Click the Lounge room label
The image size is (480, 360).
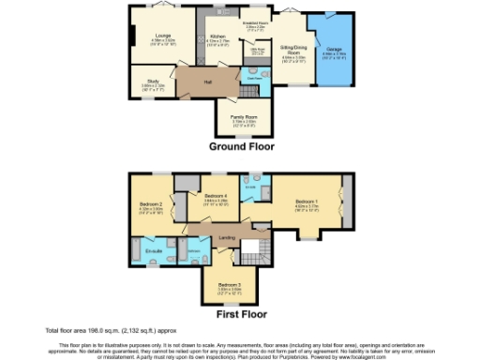tap(163, 36)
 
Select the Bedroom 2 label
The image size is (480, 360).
tap(152, 204)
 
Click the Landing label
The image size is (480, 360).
tap(227, 237)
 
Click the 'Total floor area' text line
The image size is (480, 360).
tap(104, 330)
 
